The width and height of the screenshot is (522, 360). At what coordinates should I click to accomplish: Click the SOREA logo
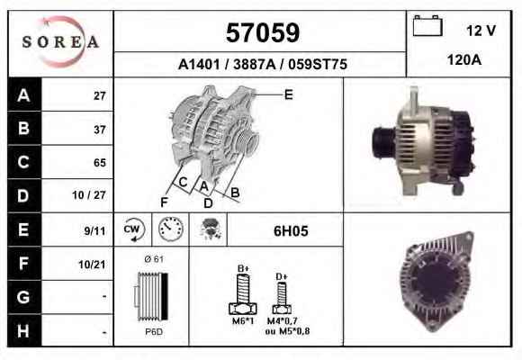coord(60,41)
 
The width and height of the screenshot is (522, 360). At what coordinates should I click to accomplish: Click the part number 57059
coord(263,32)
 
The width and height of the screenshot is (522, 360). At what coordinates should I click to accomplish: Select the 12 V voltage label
coord(481,31)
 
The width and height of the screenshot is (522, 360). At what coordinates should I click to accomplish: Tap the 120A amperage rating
coord(464,60)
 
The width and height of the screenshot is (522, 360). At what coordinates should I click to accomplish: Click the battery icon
coord(427,25)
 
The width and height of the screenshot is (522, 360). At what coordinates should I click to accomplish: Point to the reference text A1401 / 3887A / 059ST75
coord(263,64)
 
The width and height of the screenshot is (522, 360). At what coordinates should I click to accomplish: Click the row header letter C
coord(23,162)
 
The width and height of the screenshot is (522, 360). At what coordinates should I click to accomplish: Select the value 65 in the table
coord(100,163)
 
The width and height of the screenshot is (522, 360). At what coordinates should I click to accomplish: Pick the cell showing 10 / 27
coord(89,195)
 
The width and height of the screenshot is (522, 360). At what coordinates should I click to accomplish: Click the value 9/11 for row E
coord(94,230)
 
